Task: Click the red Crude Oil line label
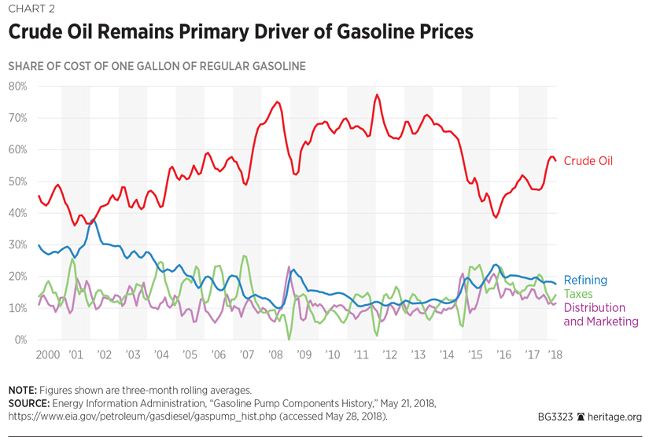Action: click(588, 161)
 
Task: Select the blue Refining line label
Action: click(585, 280)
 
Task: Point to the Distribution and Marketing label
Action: click(601, 314)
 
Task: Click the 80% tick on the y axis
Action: click(18, 86)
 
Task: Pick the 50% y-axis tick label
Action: click(18, 182)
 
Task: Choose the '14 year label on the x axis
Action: click(446, 355)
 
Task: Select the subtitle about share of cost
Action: click(157, 66)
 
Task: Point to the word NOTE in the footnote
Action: click(22, 390)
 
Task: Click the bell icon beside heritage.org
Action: click(581, 417)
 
